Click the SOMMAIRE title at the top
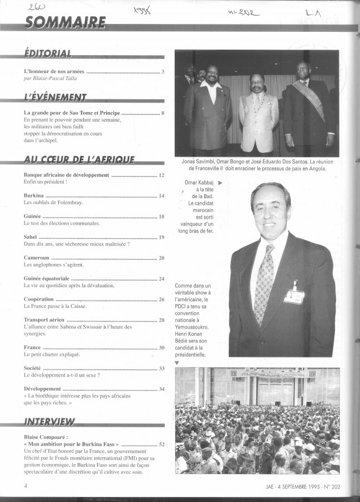coord(65,22)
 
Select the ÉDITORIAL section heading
coord(48,54)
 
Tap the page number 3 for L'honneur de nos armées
coord(162,71)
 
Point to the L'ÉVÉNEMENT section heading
coord(55,97)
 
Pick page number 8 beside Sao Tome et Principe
coord(162,113)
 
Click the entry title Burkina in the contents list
coord(34,196)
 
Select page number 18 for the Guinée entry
coord(161,216)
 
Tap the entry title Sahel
coord(31,237)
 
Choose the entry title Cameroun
coord(37,258)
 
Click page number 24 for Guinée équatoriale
coord(161,278)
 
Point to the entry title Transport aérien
coord(44,320)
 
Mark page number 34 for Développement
coord(161,389)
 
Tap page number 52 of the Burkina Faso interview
coord(161,444)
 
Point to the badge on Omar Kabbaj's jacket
coord(294,296)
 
